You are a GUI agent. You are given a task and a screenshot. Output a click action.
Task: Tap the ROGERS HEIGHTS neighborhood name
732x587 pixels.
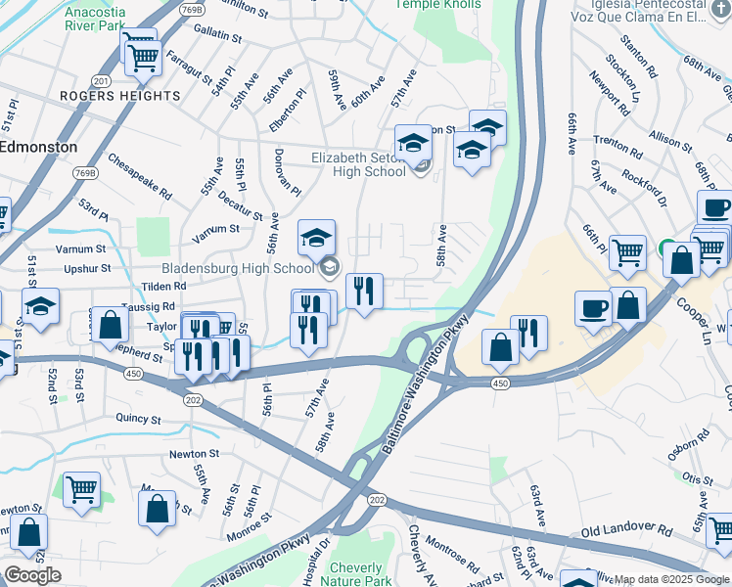click(120, 96)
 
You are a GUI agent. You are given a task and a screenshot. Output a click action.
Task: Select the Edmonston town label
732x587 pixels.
click(39, 146)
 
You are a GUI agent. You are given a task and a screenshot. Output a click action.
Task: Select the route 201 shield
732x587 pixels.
click(101, 80)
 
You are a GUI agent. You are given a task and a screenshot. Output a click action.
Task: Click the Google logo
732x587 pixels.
click(31, 574)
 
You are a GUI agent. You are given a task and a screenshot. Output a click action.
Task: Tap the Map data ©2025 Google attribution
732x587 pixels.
click(671, 579)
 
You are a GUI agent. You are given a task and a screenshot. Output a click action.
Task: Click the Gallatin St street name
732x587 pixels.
click(217, 37)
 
